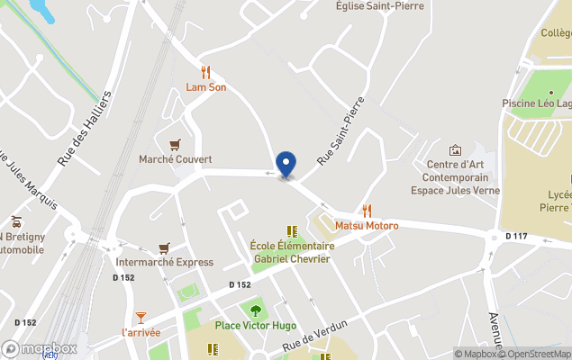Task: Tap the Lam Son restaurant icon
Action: point(205,72)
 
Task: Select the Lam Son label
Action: point(205,87)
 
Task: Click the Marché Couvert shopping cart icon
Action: point(175,144)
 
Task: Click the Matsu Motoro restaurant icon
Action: point(366,210)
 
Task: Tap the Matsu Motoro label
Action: point(366,225)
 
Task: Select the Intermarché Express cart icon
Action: point(164,247)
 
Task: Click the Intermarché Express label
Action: point(165,263)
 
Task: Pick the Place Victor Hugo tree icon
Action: point(256,310)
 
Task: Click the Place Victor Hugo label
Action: point(256,326)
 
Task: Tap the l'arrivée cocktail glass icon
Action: point(141,317)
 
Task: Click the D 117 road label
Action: point(516,236)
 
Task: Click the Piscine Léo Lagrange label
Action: point(537,103)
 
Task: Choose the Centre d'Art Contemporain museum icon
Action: point(455,149)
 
